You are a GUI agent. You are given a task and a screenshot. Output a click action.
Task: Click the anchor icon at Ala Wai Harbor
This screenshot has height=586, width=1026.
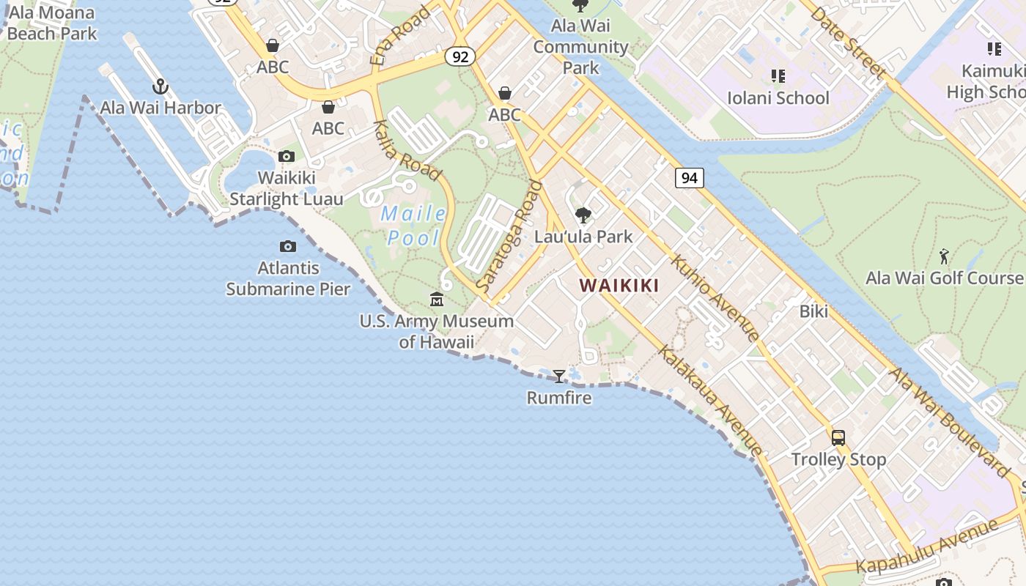160,87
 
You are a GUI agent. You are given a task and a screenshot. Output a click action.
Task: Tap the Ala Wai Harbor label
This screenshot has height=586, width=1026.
160,108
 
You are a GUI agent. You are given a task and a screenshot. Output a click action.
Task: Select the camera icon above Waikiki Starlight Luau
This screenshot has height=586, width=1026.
287,156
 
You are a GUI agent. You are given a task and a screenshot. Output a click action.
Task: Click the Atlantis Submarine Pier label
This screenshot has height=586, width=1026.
288,278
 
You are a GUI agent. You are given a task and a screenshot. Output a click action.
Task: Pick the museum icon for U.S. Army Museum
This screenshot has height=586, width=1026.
437,299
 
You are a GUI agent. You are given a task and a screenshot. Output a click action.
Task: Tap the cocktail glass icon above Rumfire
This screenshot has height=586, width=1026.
559,377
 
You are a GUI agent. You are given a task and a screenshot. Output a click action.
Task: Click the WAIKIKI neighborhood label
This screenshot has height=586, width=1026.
619,286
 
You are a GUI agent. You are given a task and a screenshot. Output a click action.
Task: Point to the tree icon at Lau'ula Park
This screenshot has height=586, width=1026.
583,215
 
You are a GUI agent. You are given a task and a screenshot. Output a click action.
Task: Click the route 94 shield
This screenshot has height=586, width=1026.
689,177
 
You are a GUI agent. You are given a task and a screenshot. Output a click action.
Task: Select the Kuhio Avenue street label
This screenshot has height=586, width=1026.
715,297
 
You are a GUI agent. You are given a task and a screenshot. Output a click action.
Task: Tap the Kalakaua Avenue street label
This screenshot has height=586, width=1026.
709,400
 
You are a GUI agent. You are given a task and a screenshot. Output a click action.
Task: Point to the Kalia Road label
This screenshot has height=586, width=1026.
407,150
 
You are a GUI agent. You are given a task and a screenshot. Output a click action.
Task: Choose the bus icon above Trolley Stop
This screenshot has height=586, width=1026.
838,438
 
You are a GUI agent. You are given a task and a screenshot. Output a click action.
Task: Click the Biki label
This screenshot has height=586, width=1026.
813,311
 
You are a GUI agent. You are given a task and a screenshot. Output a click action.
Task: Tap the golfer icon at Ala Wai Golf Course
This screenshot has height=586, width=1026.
944,257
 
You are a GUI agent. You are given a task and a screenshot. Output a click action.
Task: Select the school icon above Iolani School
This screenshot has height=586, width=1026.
778,76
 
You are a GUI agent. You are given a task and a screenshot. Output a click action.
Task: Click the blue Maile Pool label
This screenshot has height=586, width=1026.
414,226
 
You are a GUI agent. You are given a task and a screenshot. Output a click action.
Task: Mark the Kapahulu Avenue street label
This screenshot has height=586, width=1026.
927,547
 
